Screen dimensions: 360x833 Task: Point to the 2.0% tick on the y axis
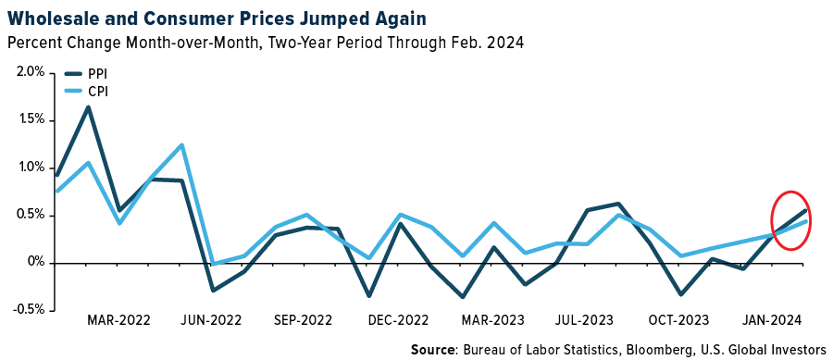pyautogui.click(x=27, y=72)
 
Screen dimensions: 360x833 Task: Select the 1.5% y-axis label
pyautogui.click(x=27, y=119)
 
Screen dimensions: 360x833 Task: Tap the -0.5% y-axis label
pyautogui.click(x=25, y=309)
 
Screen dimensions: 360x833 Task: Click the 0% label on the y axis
pyautogui.click(x=34, y=262)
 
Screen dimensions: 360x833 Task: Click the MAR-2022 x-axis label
pyautogui.click(x=119, y=321)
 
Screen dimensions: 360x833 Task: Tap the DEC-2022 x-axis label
pyautogui.click(x=399, y=321)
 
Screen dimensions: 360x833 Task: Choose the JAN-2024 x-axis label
pyautogui.click(x=771, y=321)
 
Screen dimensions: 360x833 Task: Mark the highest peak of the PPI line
pyautogui.click(x=88, y=106)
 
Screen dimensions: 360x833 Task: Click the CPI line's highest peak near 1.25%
pyautogui.click(x=181, y=144)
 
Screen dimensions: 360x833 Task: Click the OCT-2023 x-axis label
pyautogui.click(x=678, y=321)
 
